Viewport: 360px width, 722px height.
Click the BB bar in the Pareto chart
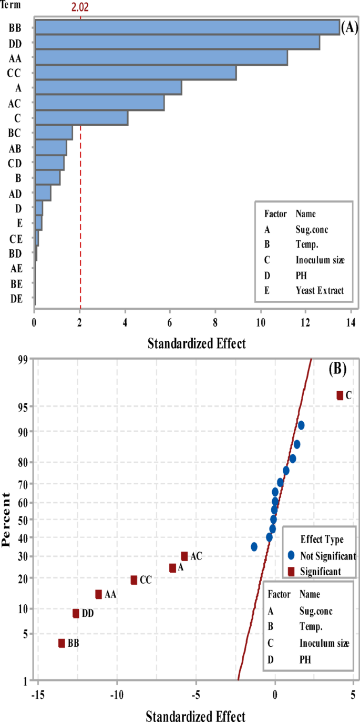coord(187,27)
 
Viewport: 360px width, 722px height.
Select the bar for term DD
coord(177,42)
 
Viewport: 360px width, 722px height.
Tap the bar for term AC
coord(99,103)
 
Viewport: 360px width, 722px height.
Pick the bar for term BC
coord(53,133)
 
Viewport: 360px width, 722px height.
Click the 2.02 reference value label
coord(80,7)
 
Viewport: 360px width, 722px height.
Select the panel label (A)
coord(349,28)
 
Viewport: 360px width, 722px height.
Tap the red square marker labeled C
coord(340,395)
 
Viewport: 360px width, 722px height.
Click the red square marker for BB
coord(61,643)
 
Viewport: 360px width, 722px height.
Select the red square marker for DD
coord(76,613)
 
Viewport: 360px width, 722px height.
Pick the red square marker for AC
coord(184,556)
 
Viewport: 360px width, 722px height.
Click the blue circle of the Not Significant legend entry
coord(291,555)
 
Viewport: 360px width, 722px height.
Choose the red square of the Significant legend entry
coord(291,571)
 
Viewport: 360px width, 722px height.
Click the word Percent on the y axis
coord(7,520)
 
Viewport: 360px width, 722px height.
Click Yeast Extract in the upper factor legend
coord(320,290)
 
